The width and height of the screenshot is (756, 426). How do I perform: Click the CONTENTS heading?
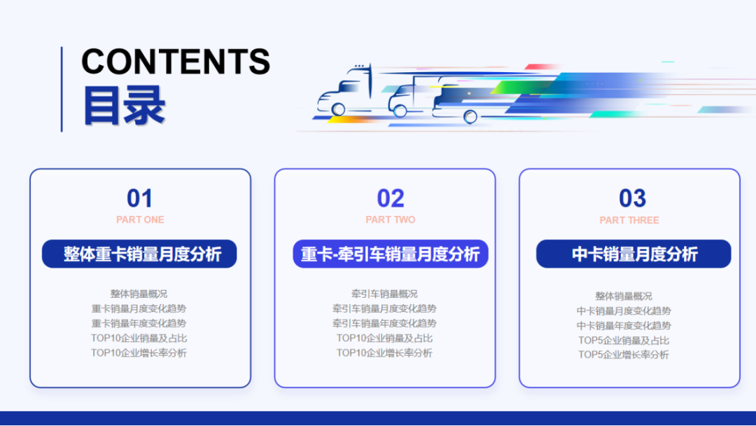pos(176,62)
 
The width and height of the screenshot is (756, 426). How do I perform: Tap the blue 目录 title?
pos(124,106)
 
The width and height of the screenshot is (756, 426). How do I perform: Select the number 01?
pos(139,198)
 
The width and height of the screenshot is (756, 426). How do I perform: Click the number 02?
pos(391,198)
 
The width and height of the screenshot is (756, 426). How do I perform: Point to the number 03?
pos(632,198)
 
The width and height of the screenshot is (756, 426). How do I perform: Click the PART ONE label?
pos(140,220)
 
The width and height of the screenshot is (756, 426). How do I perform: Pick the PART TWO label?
pos(391,220)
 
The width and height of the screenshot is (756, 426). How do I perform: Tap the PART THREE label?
pos(629,220)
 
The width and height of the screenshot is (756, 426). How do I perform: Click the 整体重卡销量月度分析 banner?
pos(139,254)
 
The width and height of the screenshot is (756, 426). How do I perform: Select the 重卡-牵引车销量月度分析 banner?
pos(390,254)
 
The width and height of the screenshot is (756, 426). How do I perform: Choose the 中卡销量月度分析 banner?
pos(633,254)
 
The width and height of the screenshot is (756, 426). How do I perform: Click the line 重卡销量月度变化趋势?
pos(139,308)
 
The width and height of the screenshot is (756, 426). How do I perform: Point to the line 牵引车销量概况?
pos(384,294)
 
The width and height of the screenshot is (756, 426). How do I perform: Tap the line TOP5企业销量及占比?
pos(624,341)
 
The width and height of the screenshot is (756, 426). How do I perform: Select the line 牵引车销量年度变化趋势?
pos(384,323)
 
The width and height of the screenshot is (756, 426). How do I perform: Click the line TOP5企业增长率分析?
pos(624,355)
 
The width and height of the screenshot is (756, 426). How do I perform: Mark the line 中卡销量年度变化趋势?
pos(624,326)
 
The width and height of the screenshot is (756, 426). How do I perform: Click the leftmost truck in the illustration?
pos(344,92)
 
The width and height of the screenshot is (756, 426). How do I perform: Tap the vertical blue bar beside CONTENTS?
pos(62,89)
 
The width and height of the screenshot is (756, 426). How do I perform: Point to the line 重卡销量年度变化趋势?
pos(139,323)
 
